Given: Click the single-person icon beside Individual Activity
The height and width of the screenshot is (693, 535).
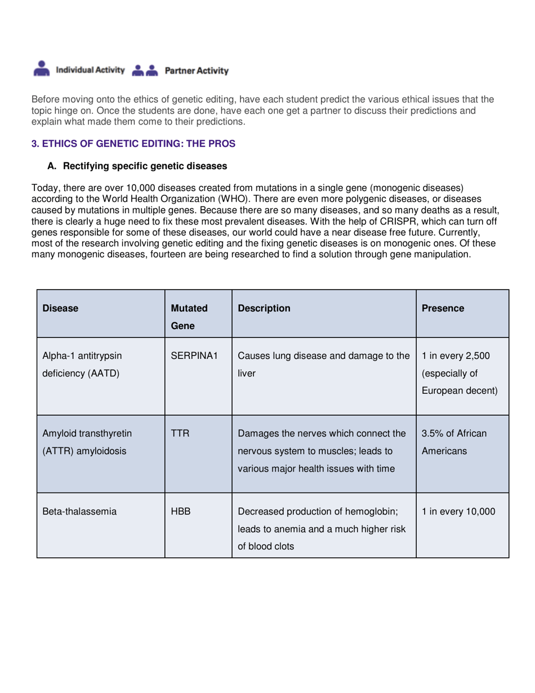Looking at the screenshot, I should (41, 69).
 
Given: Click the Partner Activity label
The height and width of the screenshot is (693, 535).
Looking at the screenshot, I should (196, 71).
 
